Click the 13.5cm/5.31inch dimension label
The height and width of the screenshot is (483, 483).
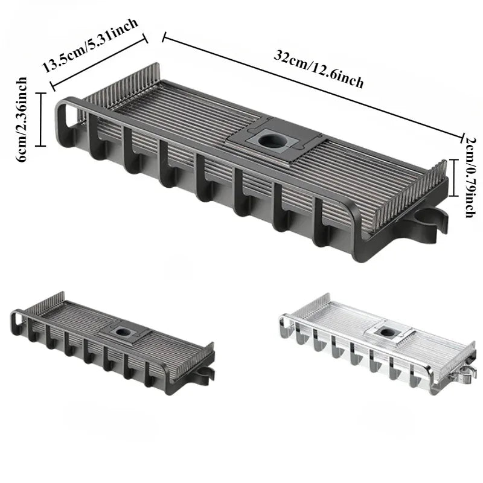pyautogui.click(x=90, y=45)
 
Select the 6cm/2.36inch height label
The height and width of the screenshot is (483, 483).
pyautogui.click(x=22, y=120)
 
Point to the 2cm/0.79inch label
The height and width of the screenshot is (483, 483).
pyautogui.click(x=470, y=178)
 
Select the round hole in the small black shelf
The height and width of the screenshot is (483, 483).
pyautogui.click(x=122, y=331)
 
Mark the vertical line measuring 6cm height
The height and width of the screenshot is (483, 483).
pyautogui.click(x=40, y=119)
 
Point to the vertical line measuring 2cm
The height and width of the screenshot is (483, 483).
pyautogui.click(x=453, y=178)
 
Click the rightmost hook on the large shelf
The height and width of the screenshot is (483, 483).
pyautogui.click(x=321, y=223)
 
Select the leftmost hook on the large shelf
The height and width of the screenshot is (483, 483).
pyautogui.click(x=95, y=135)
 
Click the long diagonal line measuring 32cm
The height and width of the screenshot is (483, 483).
pyautogui.click(x=313, y=88)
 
